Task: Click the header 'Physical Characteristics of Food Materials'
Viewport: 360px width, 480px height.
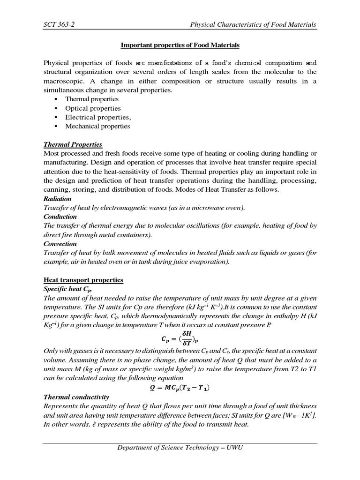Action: click(253, 24)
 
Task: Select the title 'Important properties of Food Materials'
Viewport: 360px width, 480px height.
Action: click(180, 45)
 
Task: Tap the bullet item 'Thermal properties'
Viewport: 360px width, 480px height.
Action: click(92, 99)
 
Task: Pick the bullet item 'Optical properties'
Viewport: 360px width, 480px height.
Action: click(93, 108)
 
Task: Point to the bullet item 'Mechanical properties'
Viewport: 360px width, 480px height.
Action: click(97, 126)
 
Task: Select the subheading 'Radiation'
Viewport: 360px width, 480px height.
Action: click(58, 199)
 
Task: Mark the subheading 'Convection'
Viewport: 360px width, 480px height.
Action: click(60, 244)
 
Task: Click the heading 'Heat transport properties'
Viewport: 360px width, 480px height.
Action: click(83, 280)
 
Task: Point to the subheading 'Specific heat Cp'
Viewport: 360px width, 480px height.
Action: click(66, 289)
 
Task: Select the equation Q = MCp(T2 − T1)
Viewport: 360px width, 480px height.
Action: click(180, 388)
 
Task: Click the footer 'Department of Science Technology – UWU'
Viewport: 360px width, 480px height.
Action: click(180, 448)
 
